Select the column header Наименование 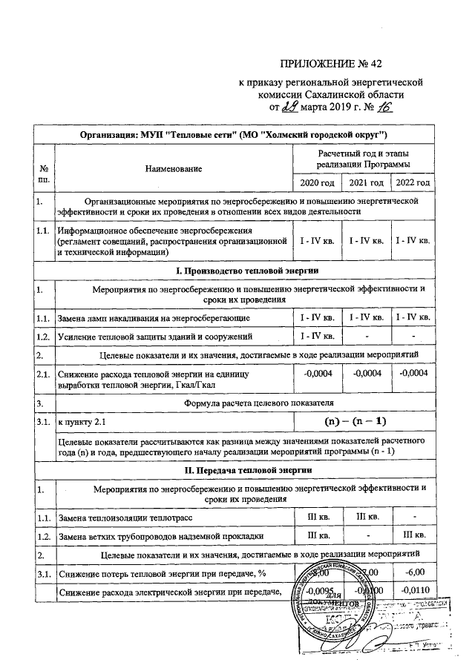pyautogui.click(x=173, y=170)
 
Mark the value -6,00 pyautogui.click(x=413, y=572)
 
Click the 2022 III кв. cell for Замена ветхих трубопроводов pyautogui.click(x=413, y=535)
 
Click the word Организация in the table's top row pyautogui.click(x=108, y=135)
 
